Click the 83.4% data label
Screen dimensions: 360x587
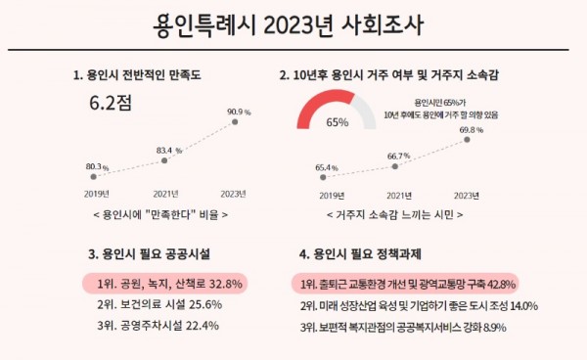coord(170,151)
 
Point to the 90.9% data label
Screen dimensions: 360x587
coord(239,112)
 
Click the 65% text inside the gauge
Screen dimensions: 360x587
coord(338,123)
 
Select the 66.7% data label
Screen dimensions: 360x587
coord(398,156)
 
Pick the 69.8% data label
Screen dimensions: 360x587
coord(472,129)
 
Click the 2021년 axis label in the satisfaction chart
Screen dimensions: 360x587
coord(167,193)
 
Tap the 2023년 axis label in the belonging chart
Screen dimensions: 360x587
coord(469,193)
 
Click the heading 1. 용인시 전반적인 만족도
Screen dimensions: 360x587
coord(139,74)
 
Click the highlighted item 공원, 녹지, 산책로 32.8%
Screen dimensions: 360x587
coord(164,283)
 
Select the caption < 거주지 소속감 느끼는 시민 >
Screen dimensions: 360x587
coord(394,212)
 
